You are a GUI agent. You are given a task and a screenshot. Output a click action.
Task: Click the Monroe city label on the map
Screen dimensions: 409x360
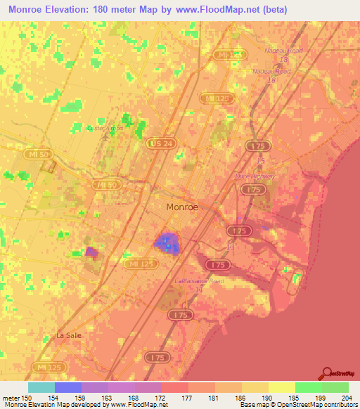point(181,207)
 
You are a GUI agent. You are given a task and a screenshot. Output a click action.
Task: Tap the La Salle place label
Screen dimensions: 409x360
point(69,335)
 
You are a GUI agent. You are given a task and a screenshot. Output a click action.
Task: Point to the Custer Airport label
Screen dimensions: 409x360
point(105,129)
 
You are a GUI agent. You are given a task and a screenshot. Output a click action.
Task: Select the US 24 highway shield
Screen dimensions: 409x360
point(158,143)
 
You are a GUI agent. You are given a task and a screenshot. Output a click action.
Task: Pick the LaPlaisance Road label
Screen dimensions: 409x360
point(198,281)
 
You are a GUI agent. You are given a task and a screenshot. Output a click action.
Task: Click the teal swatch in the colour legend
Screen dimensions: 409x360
point(41,387)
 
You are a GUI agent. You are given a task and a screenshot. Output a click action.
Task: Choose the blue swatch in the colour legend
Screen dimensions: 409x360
point(68,387)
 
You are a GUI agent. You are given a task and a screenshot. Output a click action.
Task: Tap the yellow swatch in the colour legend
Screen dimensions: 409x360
point(281,387)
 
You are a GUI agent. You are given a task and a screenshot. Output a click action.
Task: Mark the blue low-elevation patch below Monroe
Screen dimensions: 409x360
point(167,243)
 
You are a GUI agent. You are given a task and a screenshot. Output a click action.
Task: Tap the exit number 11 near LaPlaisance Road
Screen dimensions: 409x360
point(199,290)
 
